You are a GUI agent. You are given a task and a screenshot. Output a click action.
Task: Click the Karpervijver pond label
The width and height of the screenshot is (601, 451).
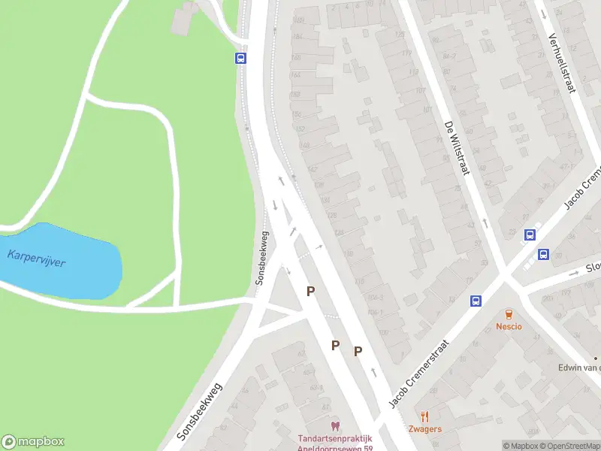pos(36,259)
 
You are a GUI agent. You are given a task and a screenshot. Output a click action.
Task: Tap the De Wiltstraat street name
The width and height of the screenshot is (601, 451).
pos(456,147)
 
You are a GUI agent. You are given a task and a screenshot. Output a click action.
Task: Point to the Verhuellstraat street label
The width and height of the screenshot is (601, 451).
pos(560,63)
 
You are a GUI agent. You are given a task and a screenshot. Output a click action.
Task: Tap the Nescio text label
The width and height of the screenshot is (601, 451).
pos(509,326)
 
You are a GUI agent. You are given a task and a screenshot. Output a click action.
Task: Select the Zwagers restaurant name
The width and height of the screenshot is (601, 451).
pos(424,429)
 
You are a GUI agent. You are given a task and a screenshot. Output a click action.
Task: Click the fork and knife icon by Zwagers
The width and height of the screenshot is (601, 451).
pos(424,416)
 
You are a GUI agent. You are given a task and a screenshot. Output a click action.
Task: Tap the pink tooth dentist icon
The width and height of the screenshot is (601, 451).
pos(334,426)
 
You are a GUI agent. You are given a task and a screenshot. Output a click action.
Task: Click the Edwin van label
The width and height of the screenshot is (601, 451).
pos(578,367)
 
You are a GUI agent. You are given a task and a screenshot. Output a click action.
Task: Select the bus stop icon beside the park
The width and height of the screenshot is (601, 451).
pos(240,58)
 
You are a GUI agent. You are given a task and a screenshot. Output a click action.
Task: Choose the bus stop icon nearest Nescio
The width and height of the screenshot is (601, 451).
pos(476,301)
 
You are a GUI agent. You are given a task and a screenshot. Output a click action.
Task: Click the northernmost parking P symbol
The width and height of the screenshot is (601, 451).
pos(310,291)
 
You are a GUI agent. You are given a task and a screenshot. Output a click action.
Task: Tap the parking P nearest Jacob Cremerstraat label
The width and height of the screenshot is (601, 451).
pos(358,350)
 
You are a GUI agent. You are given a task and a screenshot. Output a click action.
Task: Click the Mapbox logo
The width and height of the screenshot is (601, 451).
pos(33,442)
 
